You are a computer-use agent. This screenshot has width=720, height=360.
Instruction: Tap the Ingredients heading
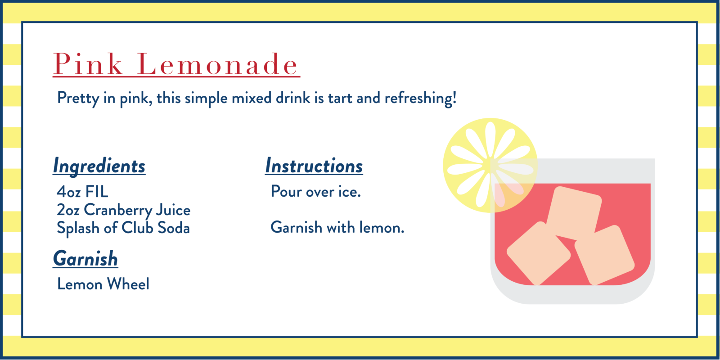(x=99, y=166)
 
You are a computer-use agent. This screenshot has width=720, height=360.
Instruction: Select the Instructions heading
(x=314, y=166)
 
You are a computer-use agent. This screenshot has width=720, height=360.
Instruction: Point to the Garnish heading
(x=85, y=259)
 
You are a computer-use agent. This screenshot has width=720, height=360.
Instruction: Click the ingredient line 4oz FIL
(x=83, y=192)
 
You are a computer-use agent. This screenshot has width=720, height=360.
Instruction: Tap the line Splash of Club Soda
(x=123, y=228)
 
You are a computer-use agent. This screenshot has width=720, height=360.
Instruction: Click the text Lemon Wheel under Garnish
(x=103, y=284)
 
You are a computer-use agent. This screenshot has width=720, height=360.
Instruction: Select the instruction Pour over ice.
(x=316, y=192)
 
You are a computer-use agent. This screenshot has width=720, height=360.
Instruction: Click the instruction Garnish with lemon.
(x=337, y=228)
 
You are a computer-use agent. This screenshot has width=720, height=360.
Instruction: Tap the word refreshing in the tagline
(x=420, y=98)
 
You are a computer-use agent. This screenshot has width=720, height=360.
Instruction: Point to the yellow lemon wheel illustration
(x=490, y=165)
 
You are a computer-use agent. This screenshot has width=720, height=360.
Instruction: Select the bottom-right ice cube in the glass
(x=604, y=255)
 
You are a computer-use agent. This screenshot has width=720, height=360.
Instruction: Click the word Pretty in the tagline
(x=78, y=98)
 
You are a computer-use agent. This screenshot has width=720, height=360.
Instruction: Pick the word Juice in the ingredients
(x=173, y=210)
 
